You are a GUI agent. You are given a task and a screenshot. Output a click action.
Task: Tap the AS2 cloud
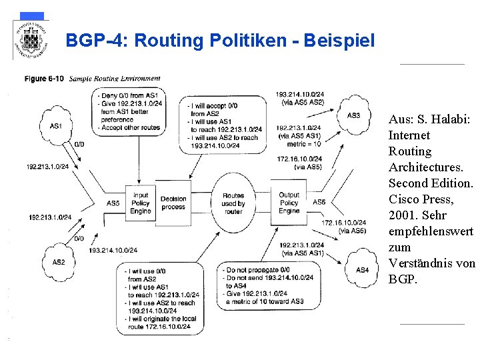pyautogui.click(x=58, y=262)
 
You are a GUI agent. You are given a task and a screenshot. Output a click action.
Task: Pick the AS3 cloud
pyautogui.click(x=353, y=115)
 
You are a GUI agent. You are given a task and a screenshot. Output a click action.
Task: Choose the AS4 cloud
pyautogui.click(x=363, y=269)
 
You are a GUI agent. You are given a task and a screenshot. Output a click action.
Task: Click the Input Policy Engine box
pyautogui.click(x=141, y=203)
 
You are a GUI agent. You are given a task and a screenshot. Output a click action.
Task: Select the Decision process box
pyautogui.click(x=173, y=203)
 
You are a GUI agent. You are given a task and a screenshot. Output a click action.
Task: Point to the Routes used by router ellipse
pyautogui.click(x=233, y=203)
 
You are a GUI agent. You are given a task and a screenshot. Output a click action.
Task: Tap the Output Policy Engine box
pyautogui.click(x=289, y=203)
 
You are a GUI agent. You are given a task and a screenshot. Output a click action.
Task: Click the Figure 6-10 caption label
pyautogui.click(x=45, y=79)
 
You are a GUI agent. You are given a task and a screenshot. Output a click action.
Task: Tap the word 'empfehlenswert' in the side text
pyautogui.click(x=430, y=231)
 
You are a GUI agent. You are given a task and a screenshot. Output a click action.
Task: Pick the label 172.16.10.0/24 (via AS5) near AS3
pyautogui.click(x=300, y=162)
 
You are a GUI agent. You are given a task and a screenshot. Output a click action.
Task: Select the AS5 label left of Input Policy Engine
pyautogui.click(x=113, y=203)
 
